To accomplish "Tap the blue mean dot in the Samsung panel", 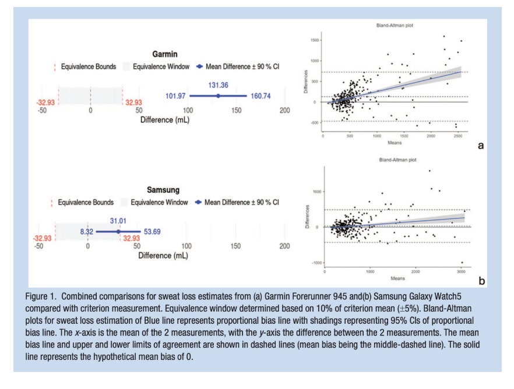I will pos(118,231).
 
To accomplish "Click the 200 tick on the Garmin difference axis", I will pos(284,110).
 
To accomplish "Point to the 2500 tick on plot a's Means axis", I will pos(457,137).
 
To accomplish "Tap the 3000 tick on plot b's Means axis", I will pos(461,271).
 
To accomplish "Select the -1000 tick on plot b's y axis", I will pos(315,263).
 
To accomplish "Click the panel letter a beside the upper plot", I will pos(481,146).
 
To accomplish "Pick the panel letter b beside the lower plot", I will pos(481,281).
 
